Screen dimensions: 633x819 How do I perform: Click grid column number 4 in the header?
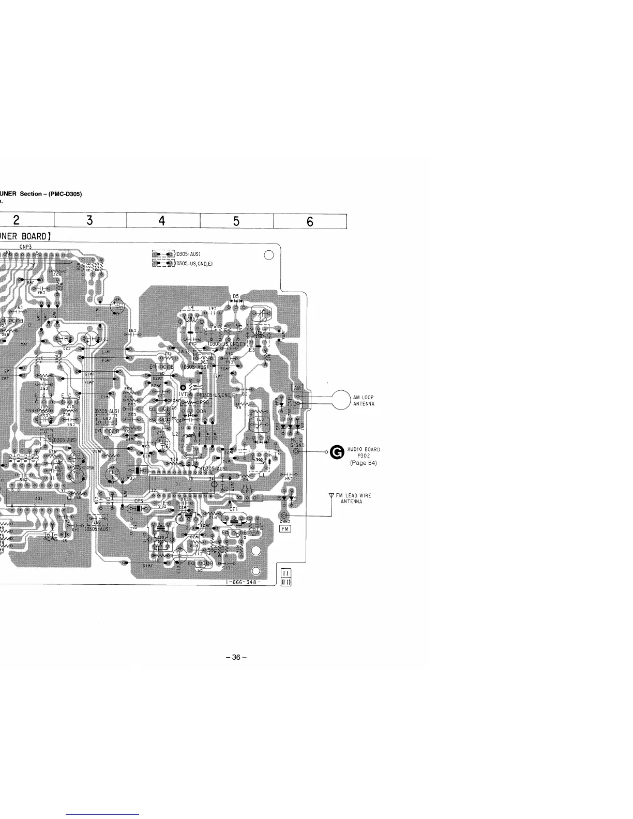click(162, 221)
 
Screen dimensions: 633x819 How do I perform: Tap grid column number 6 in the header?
click(310, 221)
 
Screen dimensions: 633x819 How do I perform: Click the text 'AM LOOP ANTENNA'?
click(364, 401)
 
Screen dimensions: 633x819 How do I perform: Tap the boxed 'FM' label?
click(285, 528)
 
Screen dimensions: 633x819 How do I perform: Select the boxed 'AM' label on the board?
click(298, 388)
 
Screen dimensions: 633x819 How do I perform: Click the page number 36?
click(236, 658)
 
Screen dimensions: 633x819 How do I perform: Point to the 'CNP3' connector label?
click(26, 247)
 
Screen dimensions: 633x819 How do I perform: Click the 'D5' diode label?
click(235, 296)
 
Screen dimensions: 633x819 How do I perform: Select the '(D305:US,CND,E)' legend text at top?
click(194, 264)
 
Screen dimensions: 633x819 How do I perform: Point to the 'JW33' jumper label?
click(184, 351)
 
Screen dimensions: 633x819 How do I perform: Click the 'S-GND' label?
click(297, 444)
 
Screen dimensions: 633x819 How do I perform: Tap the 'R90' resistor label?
click(204, 402)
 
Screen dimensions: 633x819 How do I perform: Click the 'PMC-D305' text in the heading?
click(65, 194)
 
